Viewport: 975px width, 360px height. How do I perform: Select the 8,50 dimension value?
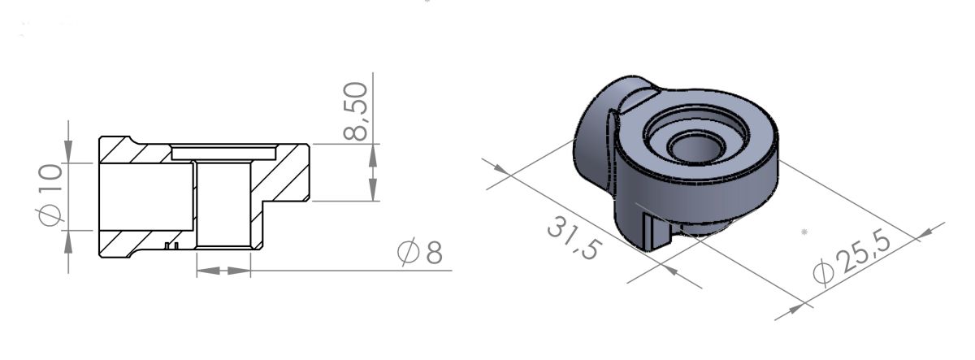click(355, 111)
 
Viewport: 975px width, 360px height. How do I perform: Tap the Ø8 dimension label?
click(420, 254)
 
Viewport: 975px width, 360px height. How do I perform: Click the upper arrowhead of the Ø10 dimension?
click(69, 153)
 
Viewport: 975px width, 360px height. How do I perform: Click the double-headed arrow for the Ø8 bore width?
click(223, 270)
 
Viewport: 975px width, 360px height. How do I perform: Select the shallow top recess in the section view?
click(224, 152)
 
